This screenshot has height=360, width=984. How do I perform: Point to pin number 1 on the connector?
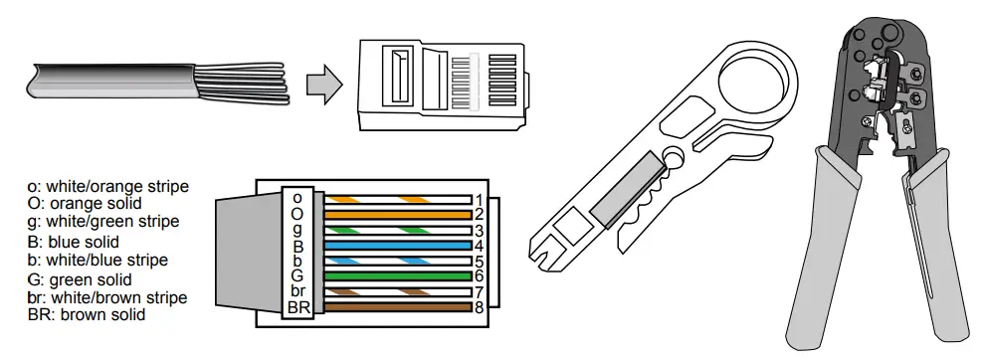coord(479,199)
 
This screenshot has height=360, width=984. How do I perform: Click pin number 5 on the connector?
coord(479,261)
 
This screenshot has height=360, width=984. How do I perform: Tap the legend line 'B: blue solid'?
coord(76,242)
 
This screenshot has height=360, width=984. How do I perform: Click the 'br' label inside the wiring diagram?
coord(297,290)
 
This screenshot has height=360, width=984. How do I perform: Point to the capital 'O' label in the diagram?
coord(297,213)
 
